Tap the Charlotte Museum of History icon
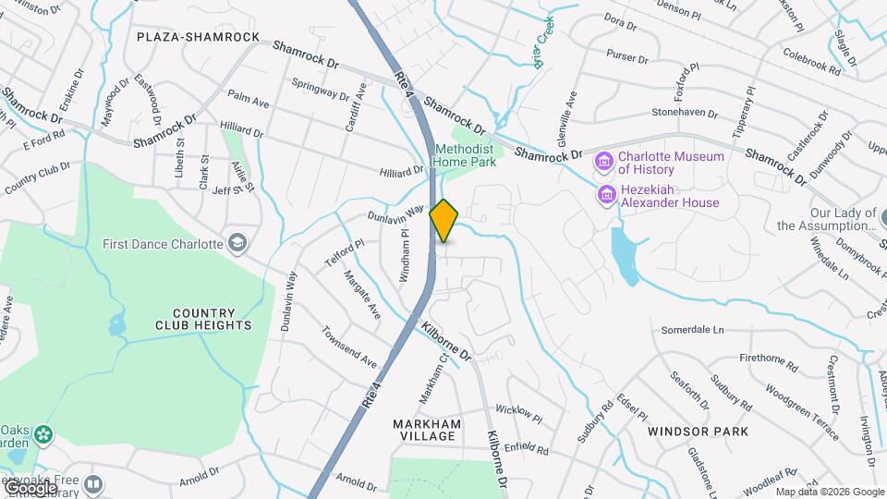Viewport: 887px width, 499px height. [x=604, y=163]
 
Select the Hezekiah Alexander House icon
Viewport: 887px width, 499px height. [x=607, y=196]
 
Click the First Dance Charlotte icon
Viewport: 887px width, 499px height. [x=237, y=243]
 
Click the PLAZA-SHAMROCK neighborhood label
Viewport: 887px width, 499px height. [x=198, y=37]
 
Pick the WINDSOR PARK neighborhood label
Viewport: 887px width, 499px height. [x=698, y=432]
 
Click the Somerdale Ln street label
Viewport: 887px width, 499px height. [x=692, y=330]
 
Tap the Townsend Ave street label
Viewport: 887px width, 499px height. [x=349, y=347]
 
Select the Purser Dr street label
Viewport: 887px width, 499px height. [x=627, y=57]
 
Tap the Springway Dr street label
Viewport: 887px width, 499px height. [x=321, y=89]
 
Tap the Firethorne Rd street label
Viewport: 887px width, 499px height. [x=769, y=358]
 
